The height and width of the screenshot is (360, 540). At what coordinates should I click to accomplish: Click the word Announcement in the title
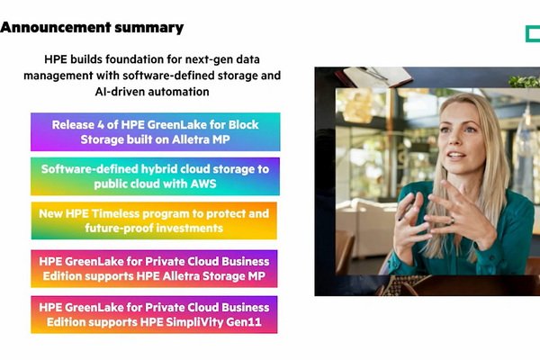coord(56,27)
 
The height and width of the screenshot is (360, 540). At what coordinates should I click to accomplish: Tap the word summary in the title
coord(149,28)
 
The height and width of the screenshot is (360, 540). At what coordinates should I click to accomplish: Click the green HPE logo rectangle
coord(533,34)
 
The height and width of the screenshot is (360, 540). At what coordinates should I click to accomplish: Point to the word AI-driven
coord(120,92)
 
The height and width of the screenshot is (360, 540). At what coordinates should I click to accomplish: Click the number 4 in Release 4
coord(101,125)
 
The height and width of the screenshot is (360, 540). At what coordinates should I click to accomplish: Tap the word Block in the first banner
coord(244,125)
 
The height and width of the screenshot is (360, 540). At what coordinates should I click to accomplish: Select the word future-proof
coord(120,228)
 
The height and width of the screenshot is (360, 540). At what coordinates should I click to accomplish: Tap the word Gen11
coord(244,322)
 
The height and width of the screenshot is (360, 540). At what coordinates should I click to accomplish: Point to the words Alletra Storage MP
coord(214,276)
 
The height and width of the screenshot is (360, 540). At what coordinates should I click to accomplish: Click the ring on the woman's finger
coord(452,220)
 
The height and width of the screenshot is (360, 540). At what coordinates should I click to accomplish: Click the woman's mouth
coord(456,156)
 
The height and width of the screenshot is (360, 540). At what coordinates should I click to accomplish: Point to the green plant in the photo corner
coord(524,82)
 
